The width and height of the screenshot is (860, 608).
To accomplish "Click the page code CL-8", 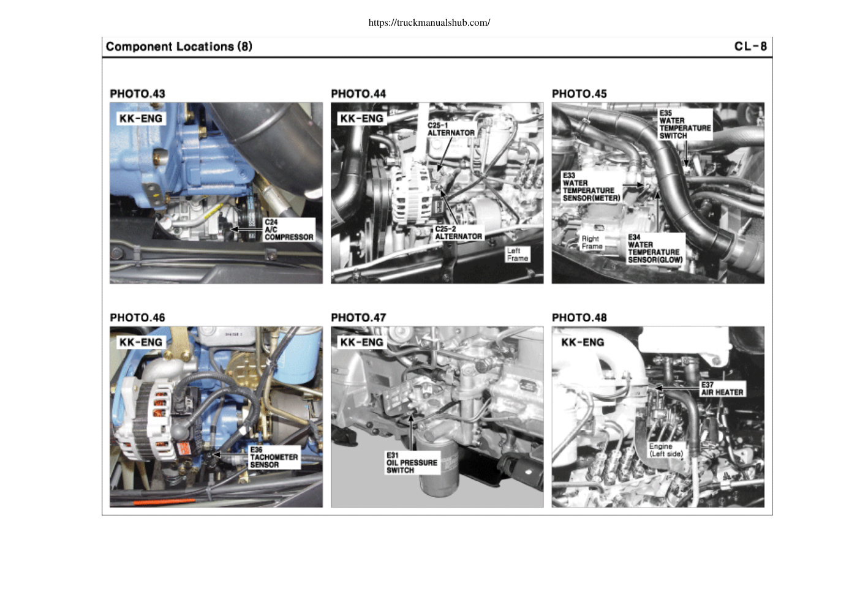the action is pos(750,47).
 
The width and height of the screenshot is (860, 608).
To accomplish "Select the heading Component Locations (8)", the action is pos(179,47).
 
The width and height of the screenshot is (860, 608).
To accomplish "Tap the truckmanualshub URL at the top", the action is pos(429,23).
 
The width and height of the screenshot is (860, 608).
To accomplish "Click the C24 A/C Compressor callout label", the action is pos(289,230).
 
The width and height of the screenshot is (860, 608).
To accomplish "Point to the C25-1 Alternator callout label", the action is pos(451,129).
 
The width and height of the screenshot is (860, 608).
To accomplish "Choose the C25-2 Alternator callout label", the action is pos(458,233).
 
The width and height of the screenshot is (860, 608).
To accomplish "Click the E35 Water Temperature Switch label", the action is pos(685,124).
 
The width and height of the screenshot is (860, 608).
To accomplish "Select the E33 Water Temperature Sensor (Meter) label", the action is pos(591,187).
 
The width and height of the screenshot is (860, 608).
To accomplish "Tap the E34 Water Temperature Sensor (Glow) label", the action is pos(655,249).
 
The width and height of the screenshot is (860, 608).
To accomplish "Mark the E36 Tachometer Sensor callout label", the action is pos(274,457).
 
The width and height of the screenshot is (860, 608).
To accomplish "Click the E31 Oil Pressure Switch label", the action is pos(412,463).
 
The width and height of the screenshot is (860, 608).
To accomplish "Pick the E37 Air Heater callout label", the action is pos(722,389).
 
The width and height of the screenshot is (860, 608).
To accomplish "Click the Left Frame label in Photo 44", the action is pos(518,255).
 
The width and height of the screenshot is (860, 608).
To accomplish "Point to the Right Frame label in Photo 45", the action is pos(592,242).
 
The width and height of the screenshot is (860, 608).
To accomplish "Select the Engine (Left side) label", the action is pos(666,450).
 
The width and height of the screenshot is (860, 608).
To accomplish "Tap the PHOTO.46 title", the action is pos(137,318).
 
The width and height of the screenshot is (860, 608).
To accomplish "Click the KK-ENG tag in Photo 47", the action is pos(361,342).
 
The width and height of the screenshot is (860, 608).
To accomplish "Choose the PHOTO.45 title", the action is pos(579,94).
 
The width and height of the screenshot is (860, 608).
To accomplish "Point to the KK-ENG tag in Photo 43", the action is pos(141,118).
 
